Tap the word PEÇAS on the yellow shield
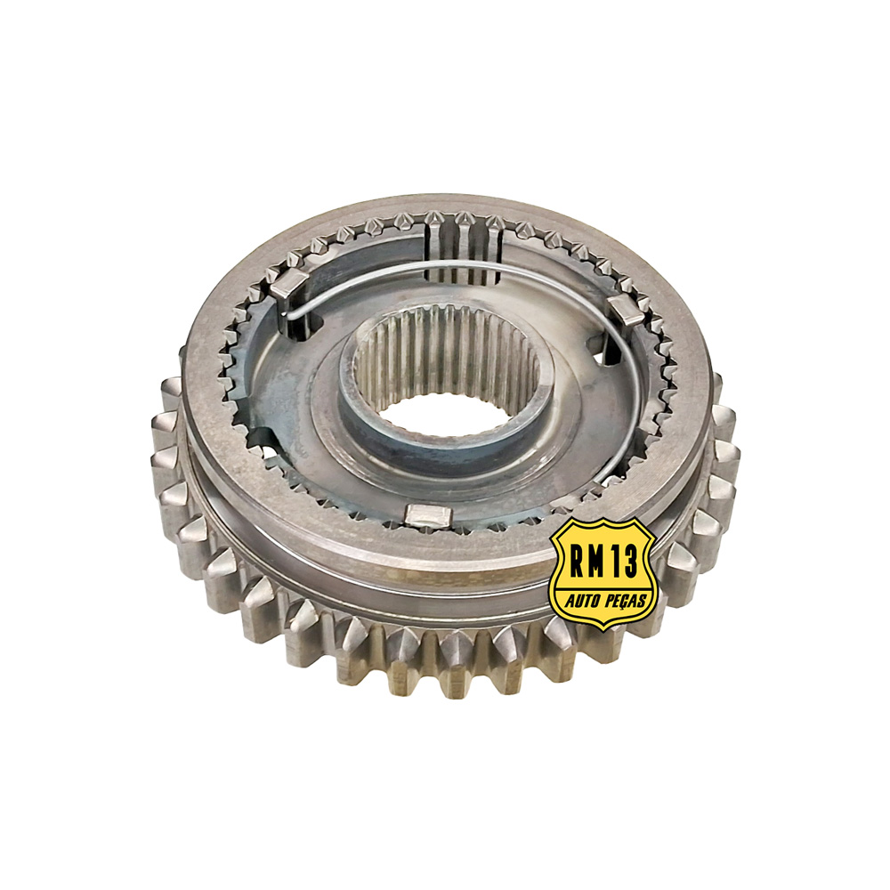(626, 600)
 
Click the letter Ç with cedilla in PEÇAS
(627, 601)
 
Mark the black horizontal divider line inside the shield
(604, 587)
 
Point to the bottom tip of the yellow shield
(603, 631)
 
